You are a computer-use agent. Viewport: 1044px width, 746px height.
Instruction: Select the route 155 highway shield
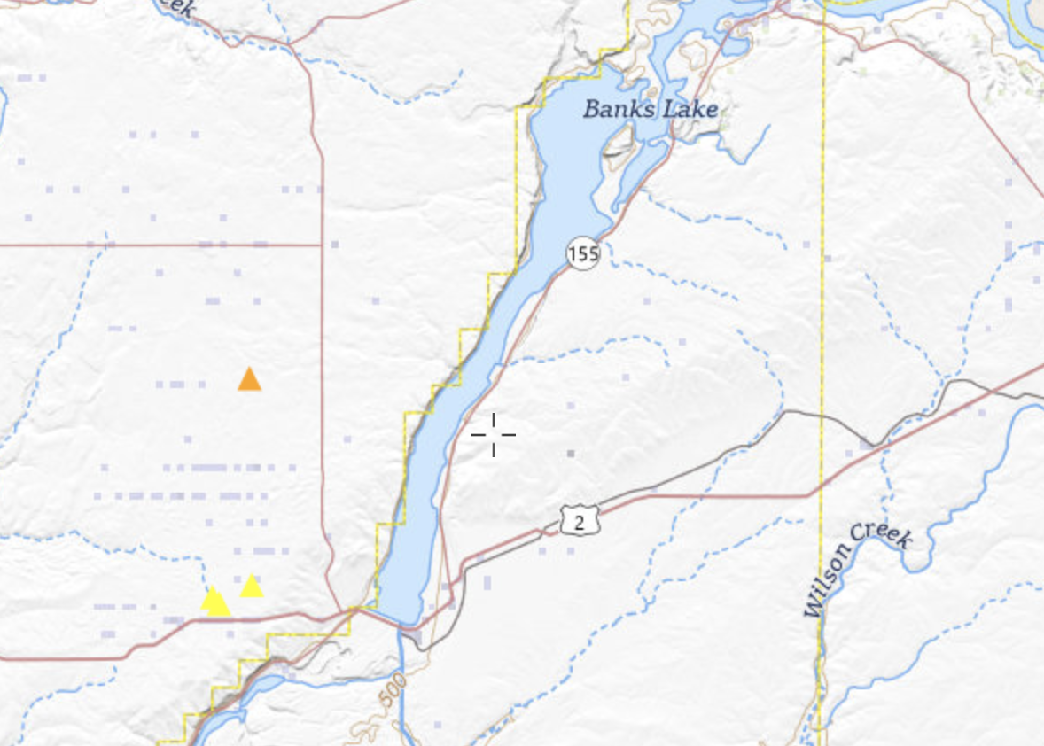583,255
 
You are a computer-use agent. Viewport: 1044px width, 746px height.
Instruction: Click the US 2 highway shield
580,521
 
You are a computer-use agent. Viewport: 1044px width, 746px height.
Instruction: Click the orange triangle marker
249,380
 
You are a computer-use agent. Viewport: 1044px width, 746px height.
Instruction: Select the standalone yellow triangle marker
252,586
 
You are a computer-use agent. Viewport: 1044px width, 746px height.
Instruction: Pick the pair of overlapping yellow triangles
215,602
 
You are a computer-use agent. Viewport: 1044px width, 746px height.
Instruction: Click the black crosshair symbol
493,435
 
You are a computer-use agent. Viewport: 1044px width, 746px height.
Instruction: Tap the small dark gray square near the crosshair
571,454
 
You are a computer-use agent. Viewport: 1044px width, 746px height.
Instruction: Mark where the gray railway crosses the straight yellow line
822,414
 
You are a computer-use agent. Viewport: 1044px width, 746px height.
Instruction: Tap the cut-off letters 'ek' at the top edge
177,7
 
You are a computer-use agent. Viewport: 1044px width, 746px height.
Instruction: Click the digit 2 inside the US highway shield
580,522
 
